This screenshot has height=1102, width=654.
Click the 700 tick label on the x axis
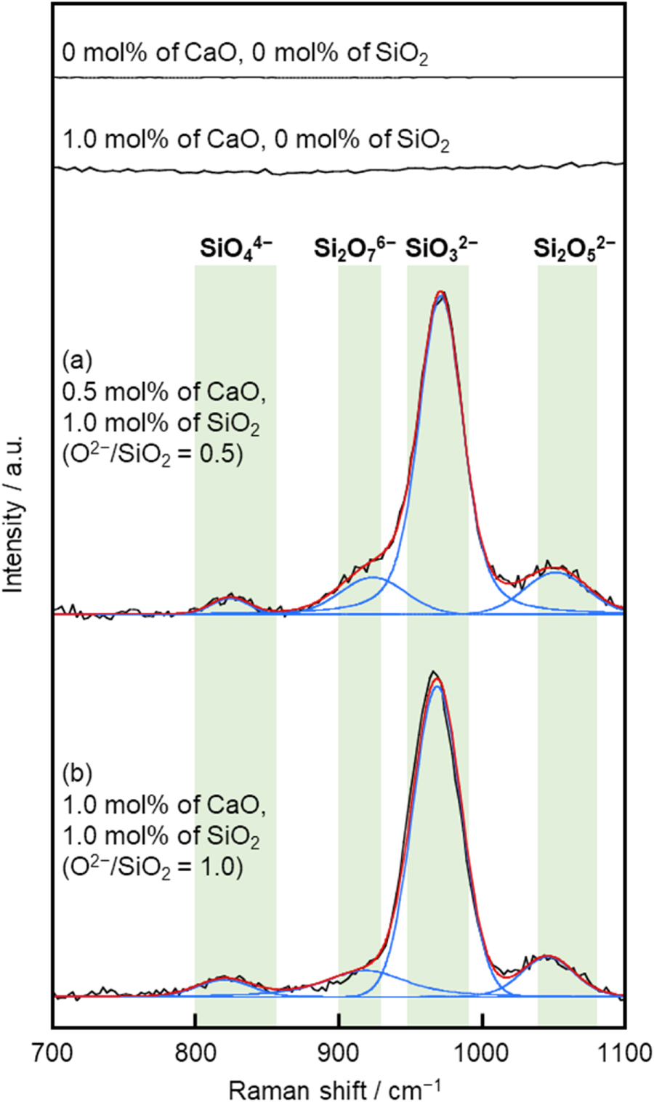click(52, 1051)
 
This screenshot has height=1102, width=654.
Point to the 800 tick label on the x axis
click(195, 1051)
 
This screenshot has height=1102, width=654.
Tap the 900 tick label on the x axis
click(338, 1051)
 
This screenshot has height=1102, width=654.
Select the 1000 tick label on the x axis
click(481, 1051)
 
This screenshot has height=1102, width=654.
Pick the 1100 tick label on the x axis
click(623, 1051)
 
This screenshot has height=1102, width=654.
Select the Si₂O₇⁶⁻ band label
click(354, 250)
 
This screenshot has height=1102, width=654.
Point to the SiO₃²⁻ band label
click(441, 250)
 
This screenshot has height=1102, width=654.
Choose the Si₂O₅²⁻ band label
click(574, 250)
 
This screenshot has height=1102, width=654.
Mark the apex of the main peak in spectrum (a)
click(440, 292)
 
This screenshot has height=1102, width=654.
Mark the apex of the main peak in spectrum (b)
click(434, 673)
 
